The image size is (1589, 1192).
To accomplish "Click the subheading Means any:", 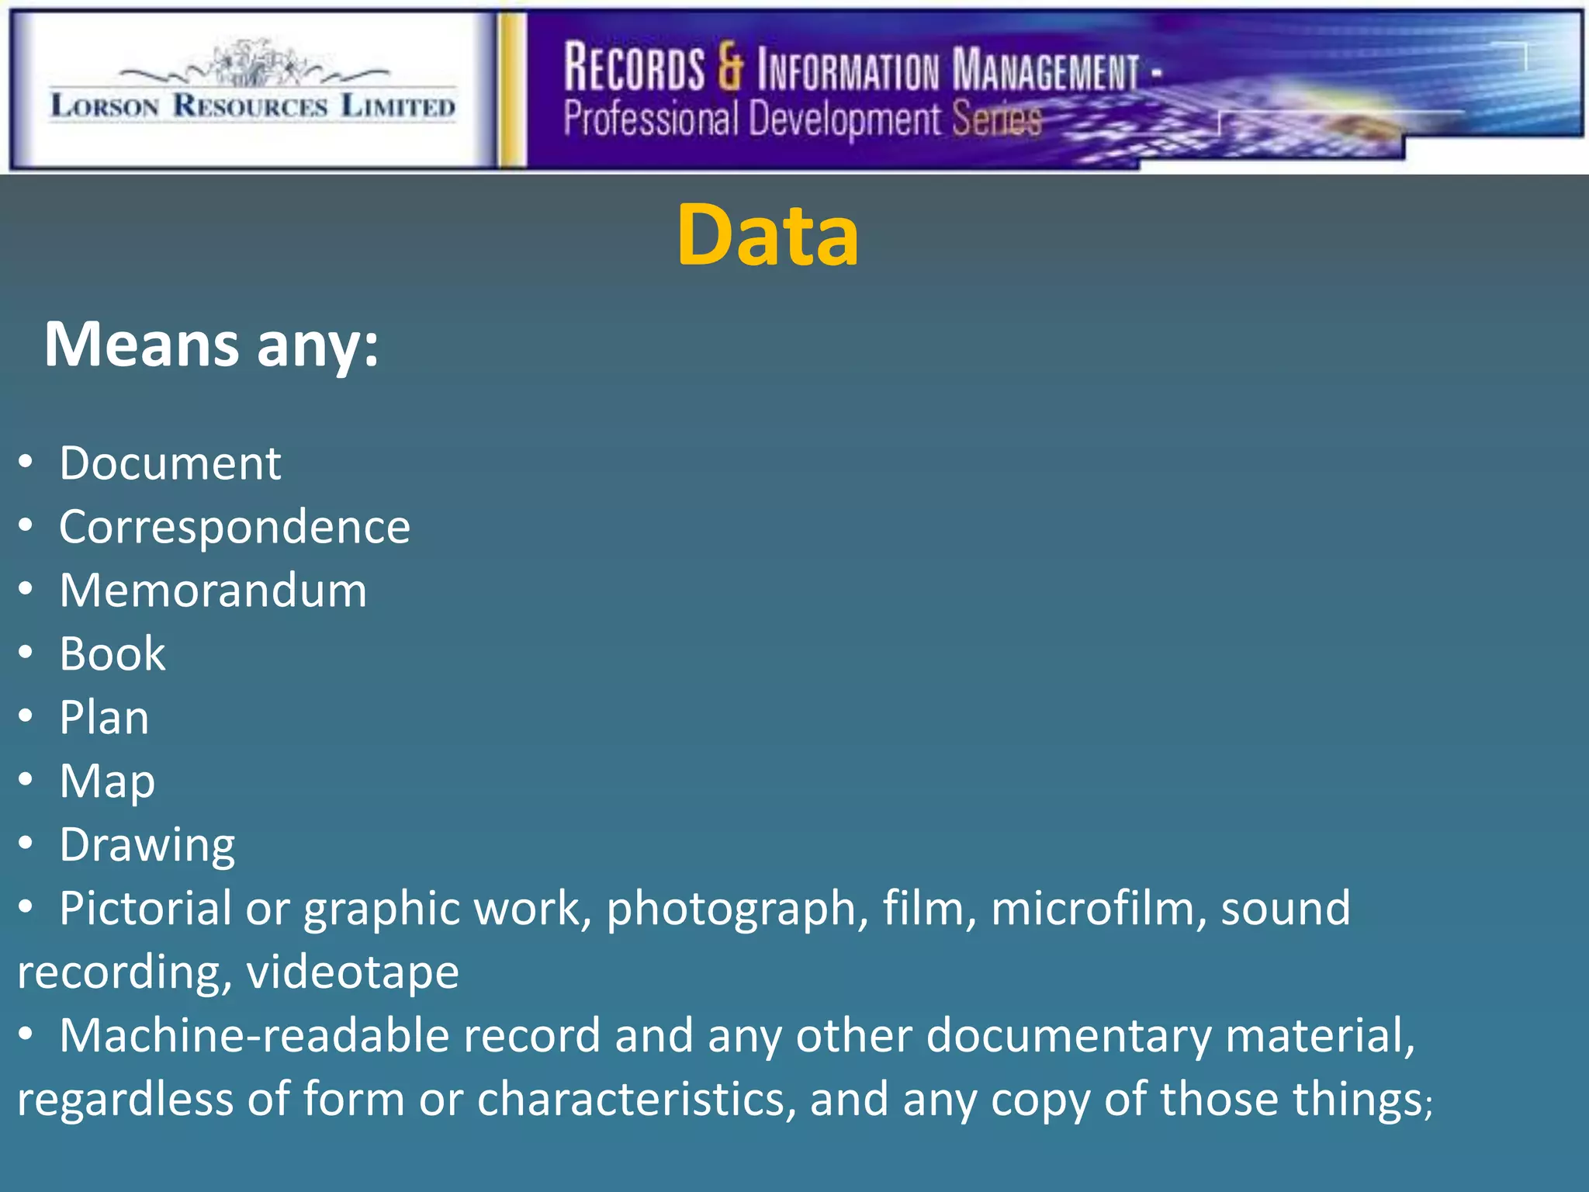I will coord(211,345).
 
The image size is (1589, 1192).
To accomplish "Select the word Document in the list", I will coord(170,464).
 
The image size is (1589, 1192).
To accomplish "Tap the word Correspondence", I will coord(234,528).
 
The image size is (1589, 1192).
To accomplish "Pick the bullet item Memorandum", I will coord(213,591).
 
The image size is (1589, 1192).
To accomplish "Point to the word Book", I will coord(113,654).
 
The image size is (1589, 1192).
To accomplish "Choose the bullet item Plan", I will coord(104,718).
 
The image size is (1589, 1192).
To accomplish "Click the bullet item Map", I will coord(107,781).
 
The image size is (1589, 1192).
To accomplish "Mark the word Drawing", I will coord(147,845).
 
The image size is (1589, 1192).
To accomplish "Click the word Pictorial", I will coord(145,908).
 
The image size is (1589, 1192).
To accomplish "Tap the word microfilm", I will coord(1099,908).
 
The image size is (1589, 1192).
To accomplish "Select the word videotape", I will coord(353,972).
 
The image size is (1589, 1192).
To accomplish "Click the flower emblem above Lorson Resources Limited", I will coord(253,64).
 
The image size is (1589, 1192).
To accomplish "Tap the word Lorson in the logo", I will coord(105,106).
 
